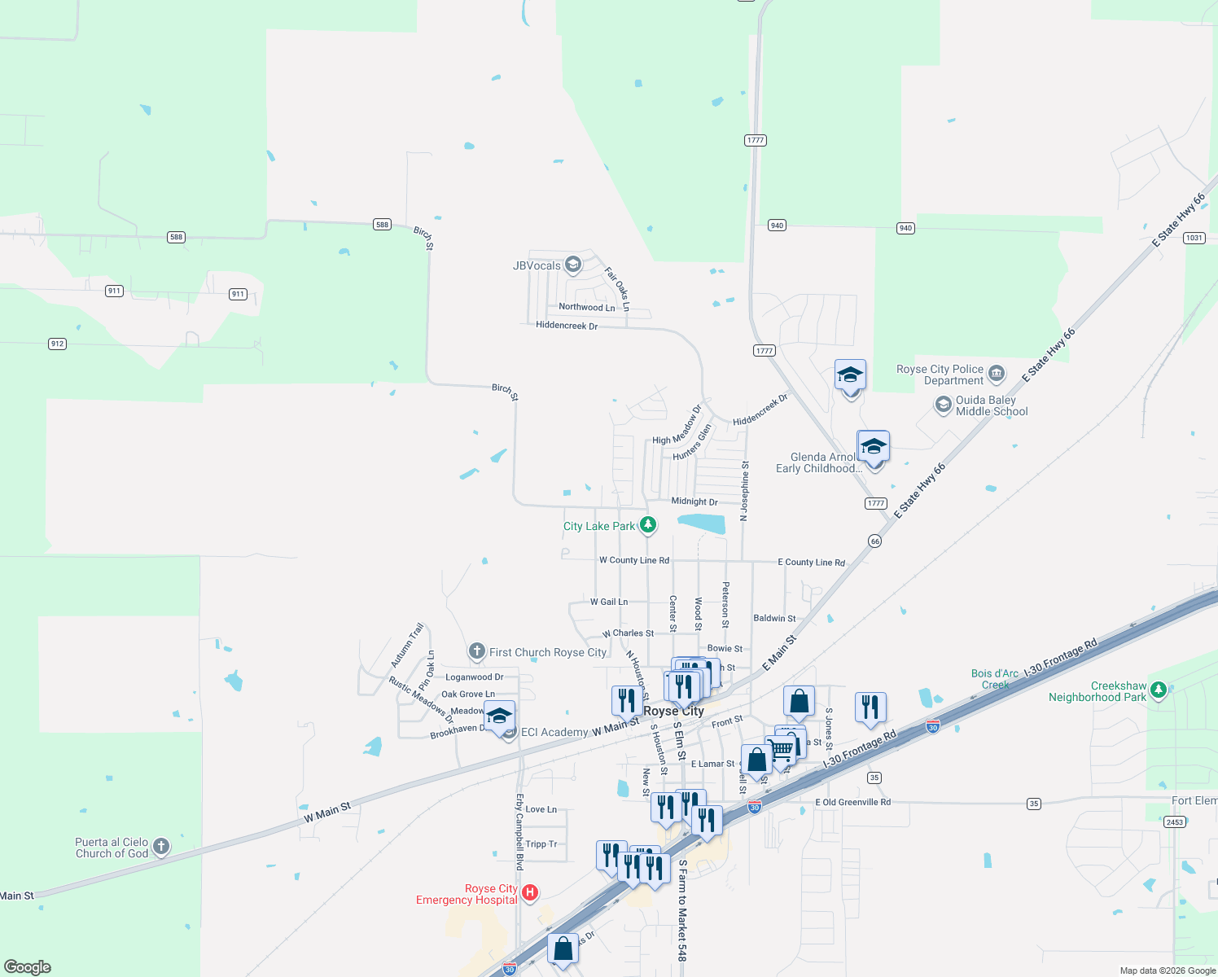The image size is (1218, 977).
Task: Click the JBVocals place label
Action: pos(537,265)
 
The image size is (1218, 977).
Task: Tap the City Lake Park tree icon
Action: pos(648,525)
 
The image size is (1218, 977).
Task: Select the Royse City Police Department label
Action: pos(940,375)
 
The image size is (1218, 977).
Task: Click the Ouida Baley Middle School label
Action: pos(991,405)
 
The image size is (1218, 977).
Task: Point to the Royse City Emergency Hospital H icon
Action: pos(530,893)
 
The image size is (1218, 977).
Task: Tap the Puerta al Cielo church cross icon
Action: pos(161,847)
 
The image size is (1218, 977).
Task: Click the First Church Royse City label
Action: pos(547,652)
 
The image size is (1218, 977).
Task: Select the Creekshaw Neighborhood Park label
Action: pos(1097,692)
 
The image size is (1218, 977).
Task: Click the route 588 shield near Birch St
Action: pos(382,224)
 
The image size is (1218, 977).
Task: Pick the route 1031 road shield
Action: pos(1194,238)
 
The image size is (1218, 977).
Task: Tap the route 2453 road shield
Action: pos(1174,822)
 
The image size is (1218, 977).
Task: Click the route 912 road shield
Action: pos(57,344)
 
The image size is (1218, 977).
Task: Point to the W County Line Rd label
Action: pos(633,560)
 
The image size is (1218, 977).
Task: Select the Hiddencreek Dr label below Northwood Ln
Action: pos(567,326)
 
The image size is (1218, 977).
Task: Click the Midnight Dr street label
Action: pos(694,502)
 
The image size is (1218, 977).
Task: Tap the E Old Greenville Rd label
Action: pos(852,802)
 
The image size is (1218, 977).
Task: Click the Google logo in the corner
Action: pos(28,966)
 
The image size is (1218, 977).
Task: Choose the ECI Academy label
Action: pos(554,732)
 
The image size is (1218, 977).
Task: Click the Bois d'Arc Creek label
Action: pos(994,679)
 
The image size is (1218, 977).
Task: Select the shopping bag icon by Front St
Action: pos(799,701)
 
